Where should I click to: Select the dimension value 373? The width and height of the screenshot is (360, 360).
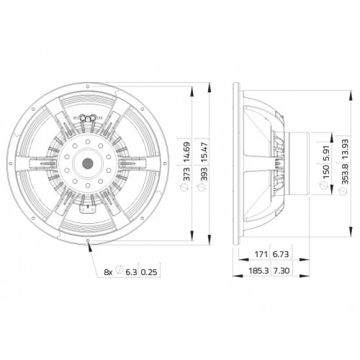click(x=186, y=174)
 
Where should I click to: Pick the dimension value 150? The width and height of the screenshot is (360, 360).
click(x=326, y=172)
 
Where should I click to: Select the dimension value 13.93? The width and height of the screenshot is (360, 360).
click(x=345, y=149)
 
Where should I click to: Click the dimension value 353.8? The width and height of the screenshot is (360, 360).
click(x=345, y=174)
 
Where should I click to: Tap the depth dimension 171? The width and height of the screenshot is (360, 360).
click(x=261, y=254)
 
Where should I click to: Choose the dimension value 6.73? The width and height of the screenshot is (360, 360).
click(x=281, y=254)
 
